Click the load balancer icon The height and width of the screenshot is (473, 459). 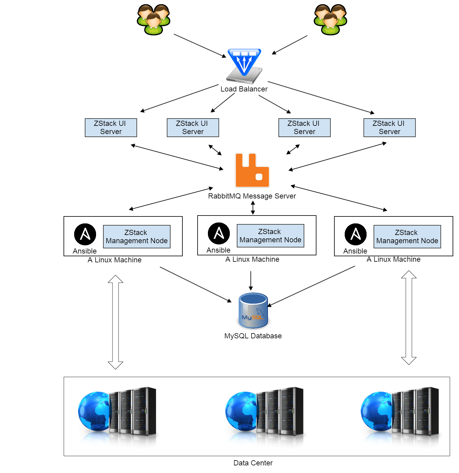click(x=244, y=66)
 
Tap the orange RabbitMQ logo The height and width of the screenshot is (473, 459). click(x=252, y=170)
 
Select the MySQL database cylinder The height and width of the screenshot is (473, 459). click(x=253, y=310)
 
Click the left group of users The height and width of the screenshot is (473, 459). click(x=154, y=19)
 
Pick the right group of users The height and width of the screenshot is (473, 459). click(x=330, y=19)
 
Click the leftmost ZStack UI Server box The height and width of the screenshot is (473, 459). click(x=111, y=128)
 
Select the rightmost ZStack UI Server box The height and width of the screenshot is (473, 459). click(x=390, y=128)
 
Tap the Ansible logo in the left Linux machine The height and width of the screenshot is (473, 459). click(x=85, y=234)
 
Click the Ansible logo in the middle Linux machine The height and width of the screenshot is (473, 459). click(x=219, y=233)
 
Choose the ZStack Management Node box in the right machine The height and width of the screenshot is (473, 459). click(x=407, y=237)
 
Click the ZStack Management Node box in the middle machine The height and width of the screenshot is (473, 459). click(x=271, y=236)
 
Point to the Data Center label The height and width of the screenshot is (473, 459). click(x=253, y=463)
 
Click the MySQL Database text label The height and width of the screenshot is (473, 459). click(x=253, y=336)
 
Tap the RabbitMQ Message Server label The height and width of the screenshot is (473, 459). click(x=252, y=196)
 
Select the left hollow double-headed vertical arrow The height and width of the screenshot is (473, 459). click(x=116, y=322)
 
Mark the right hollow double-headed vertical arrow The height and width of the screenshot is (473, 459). click(x=409, y=318)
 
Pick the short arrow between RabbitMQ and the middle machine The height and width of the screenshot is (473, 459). click(x=253, y=208)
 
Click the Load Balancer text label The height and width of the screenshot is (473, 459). click(x=244, y=89)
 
